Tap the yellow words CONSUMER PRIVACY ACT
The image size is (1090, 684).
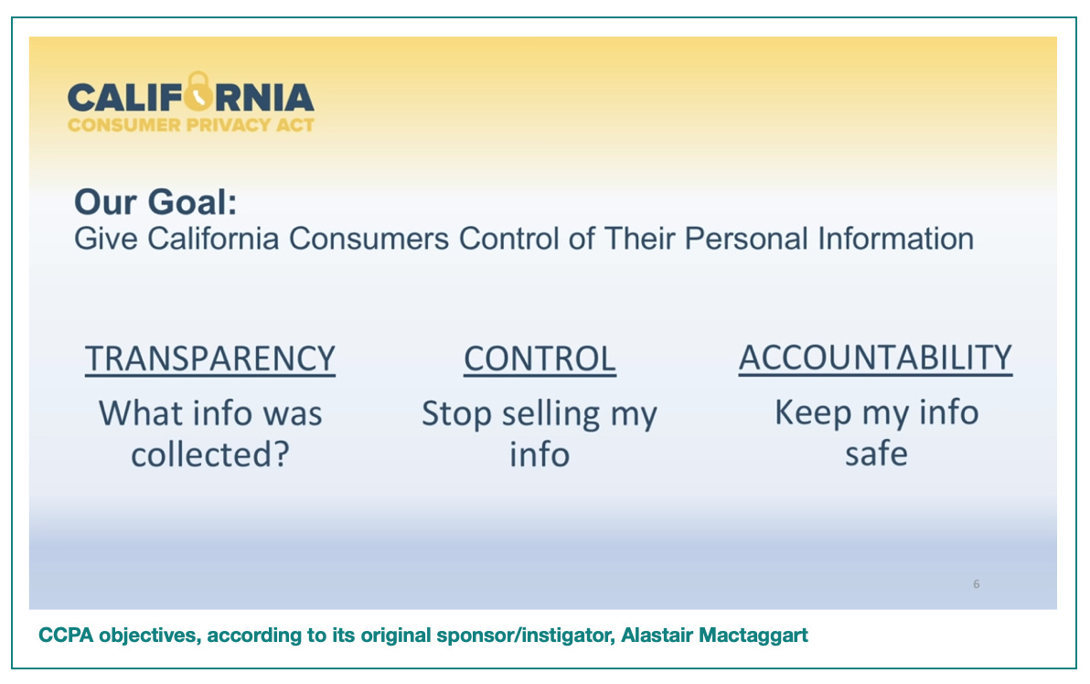tap(191, 125)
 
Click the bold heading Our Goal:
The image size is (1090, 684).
tap(155, 202)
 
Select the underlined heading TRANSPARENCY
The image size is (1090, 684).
tap(210, 359)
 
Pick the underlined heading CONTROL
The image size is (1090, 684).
tap(540, 359)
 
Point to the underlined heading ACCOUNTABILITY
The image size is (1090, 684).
tap(875, 358)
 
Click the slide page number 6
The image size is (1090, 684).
tap(976, 584)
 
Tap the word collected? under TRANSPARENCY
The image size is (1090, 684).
tap(210, 454)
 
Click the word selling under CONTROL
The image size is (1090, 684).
tap(550, 415)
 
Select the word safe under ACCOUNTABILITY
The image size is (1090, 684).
tap(876, 454)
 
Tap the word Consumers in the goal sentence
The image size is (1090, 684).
tap(369, 239)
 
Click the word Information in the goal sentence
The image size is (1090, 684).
tap(895, 239)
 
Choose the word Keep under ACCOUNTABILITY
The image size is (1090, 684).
tap(813, 413)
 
